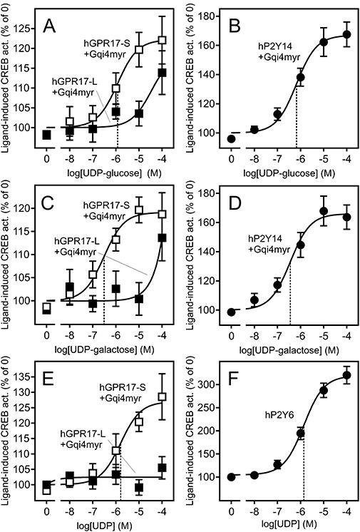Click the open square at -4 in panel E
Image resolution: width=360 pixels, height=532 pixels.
coord(163,397)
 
